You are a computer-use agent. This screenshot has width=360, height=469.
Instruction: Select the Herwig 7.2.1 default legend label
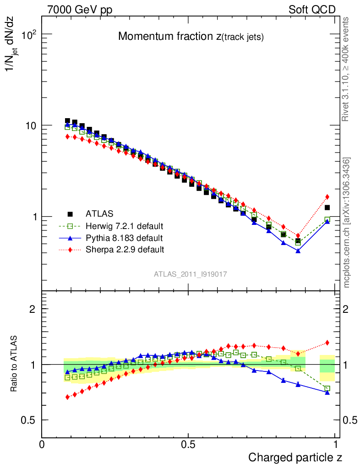(124, 226)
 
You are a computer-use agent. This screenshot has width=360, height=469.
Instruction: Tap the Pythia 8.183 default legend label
(124, 238)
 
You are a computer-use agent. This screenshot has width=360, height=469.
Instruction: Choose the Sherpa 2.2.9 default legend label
(125, 250)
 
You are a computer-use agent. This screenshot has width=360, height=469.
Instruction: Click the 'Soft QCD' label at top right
(312, 10)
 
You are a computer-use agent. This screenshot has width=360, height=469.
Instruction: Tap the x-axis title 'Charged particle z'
(295, 457)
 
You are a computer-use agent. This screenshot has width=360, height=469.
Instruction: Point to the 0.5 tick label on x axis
(188, 445)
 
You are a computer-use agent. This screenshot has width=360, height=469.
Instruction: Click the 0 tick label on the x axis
(42, 445)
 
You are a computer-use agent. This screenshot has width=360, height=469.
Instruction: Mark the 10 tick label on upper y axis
(30, 125)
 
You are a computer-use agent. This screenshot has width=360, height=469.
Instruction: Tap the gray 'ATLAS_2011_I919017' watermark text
(191, 274)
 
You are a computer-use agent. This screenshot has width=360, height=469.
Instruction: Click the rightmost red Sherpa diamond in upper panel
(327, 197)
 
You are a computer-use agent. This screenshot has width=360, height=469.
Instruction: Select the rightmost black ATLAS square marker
(327, 207)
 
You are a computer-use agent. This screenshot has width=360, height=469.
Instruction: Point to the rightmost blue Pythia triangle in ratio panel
(327, 392)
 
